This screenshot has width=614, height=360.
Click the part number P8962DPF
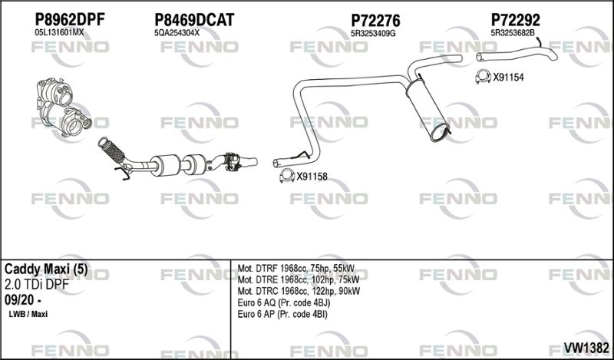pyautogui.click(x=70, y=19)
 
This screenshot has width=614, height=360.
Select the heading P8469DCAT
pyautogui.click(x=194, y=20)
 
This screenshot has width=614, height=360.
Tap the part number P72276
pyautogui.click(x=375, y=20)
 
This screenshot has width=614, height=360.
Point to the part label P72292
pyautogui.click(x=515, y=20)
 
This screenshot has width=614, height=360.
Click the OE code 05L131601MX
pyautogui.click(x=59, y=32)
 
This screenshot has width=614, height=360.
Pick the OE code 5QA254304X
pyautogui.click(x=177, y=33)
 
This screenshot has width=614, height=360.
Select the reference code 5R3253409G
pyautogui.click(x=373, y=33)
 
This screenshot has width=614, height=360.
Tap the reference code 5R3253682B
pyautogui.click(x=513, y=33)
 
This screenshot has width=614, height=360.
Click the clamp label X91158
pyautogui.click(x=312, y=177)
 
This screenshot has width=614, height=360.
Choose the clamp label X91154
pyautogui.click(x=508, y=78)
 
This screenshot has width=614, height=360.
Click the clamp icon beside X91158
pyautogui.click(x=287, y=177)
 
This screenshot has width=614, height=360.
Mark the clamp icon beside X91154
pyautogui.click(x=484, y=77)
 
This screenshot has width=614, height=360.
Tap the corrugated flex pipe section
pyautogui.click(x=112, y=150)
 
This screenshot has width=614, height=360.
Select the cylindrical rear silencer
pyautogui.click(x=427, y=109)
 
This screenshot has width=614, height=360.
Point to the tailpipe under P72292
pyautogui.click(x=516, y=54)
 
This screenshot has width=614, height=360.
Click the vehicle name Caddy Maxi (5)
pyautogui.click(x=46, y=269)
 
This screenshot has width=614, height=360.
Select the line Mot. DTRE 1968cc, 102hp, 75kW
pyautogui.click(x=299, y=279)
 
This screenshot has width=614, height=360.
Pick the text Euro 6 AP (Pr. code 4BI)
pyautogui.click(x=282, y=314)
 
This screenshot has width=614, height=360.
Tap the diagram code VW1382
pyautogui.click(x=586, y=347)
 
